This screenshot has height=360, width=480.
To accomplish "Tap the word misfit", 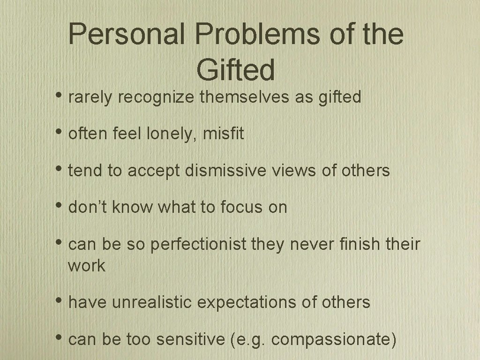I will tap(224, 135).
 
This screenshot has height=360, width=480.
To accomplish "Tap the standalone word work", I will tap(87, 266).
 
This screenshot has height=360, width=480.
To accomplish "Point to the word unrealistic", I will tap(152, 303).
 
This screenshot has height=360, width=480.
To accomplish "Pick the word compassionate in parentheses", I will tap(331, 340).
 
